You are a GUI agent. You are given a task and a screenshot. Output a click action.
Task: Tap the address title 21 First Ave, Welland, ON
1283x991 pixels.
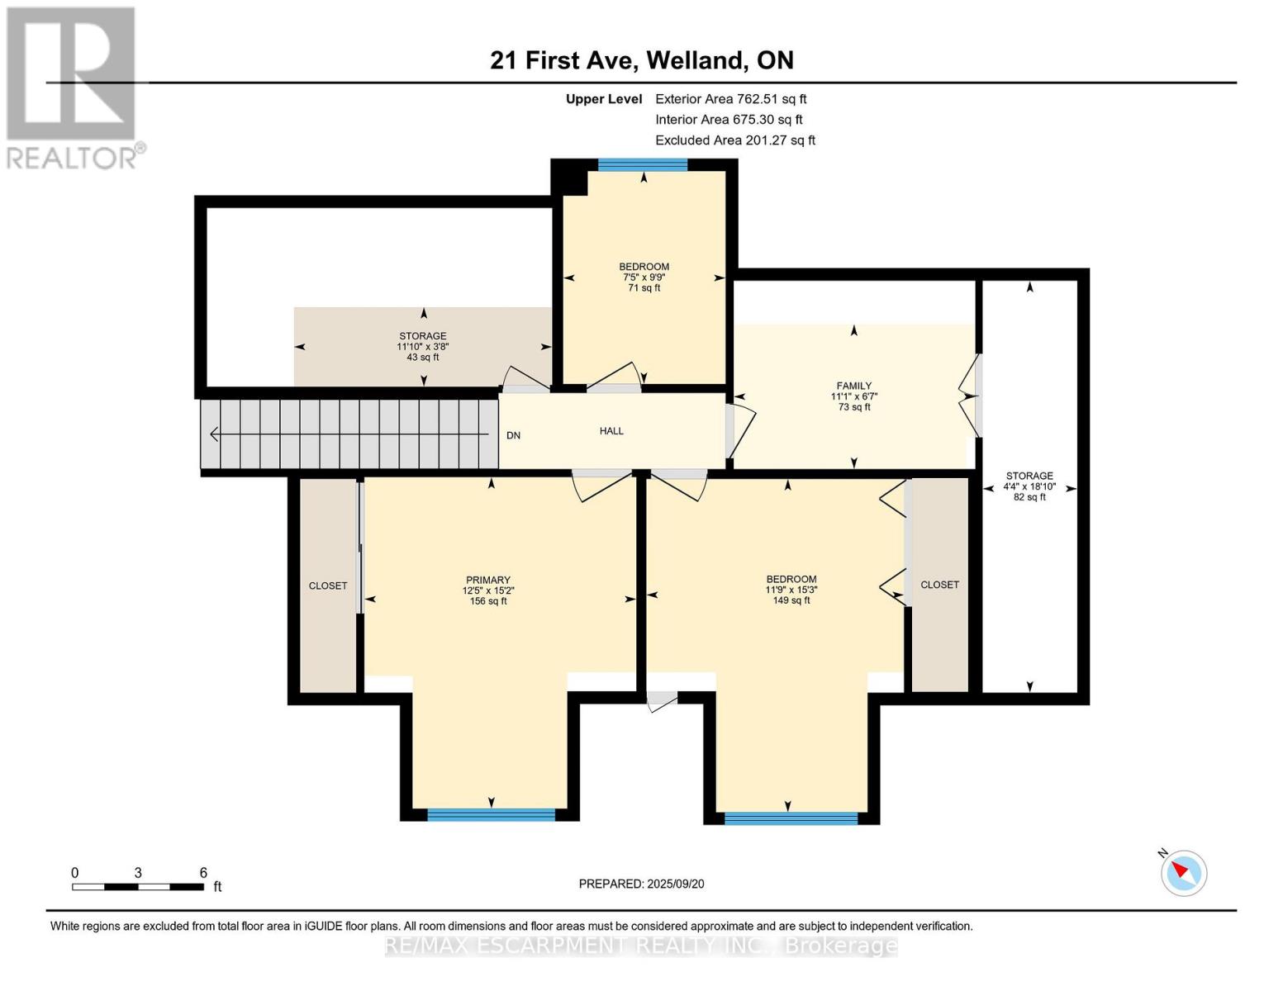pos(642,60)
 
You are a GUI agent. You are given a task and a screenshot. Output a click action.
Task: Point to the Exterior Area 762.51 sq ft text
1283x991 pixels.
pos(730,99)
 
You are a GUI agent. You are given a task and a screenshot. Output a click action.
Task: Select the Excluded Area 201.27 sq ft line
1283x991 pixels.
pos(735,140)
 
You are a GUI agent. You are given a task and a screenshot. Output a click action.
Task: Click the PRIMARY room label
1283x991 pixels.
pos(487,581)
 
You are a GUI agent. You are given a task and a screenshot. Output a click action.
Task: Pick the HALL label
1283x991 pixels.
pos(611,431)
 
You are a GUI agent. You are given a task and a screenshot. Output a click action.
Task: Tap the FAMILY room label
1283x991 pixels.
pos(853,386)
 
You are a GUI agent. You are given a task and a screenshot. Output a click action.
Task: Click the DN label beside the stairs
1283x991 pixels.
pos(513,435)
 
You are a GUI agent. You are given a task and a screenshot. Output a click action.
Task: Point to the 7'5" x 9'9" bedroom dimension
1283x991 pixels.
pos(644,277)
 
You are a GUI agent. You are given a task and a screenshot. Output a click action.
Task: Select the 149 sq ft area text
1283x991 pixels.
pos(791,600)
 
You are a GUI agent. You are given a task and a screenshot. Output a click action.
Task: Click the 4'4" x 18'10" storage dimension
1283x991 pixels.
pos(1029,487)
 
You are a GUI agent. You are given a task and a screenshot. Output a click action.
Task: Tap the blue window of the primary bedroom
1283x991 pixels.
pos(491,815)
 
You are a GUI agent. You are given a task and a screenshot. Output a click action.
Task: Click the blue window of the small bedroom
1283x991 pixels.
pos(643,164)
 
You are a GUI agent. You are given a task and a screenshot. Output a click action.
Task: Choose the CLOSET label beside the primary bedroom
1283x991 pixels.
pos(328,586)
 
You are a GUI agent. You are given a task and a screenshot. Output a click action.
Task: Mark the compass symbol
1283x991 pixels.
pos(1183,874)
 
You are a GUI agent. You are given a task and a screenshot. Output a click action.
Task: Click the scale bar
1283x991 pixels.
pos(138,887)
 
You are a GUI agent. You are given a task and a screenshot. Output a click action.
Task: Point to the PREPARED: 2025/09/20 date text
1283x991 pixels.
pos(641,884)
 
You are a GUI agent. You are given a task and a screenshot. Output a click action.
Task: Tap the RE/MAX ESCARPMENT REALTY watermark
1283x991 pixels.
pos(641,946)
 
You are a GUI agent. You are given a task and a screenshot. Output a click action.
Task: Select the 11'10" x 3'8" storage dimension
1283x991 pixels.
pos(423,347)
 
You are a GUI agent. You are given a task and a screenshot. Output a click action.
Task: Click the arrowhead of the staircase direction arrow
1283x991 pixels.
pos(213,434)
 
